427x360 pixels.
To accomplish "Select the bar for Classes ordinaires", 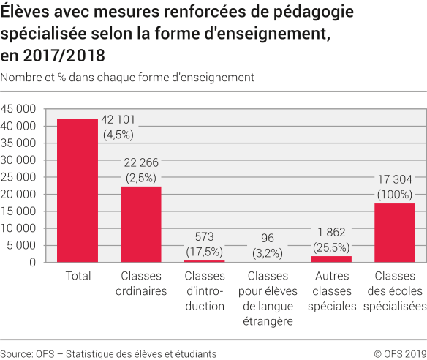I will point(141,224).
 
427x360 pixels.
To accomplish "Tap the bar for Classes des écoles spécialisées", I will point(395,233).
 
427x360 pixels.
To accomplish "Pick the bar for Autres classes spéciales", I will point(331,259).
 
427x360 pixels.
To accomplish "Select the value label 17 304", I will point(395,181).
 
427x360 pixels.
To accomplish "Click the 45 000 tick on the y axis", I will point(19,109).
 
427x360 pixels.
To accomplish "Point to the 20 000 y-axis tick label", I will point(19,194).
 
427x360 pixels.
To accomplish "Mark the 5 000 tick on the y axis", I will point(22,245).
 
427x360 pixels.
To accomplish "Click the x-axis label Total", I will point(78,277).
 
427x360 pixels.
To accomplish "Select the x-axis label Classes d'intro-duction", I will point(205,291).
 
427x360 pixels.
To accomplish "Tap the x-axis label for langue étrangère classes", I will point(268,299).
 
